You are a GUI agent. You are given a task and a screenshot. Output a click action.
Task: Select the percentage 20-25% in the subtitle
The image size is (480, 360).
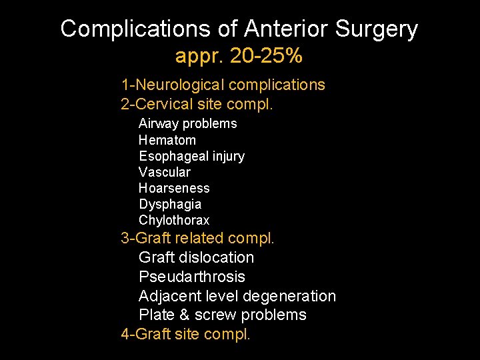click(265, 57)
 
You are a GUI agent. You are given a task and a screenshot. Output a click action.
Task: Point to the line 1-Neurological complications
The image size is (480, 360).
click(223, 85)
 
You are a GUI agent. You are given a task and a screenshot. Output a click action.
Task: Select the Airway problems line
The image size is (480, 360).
click(187, 123)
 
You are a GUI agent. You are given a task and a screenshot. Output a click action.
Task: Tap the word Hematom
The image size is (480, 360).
click(167, 140)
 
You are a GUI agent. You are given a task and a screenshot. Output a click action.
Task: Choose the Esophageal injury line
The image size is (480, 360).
click(191, 156)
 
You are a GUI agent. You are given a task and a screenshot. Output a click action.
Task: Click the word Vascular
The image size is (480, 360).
click(164, 172)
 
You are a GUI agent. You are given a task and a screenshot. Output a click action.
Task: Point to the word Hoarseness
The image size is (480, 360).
click(174, 188)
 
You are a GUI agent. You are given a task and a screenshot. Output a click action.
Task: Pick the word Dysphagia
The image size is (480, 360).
click(170, 204)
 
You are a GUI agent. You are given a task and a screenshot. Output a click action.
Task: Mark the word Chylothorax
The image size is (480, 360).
click(174, 220)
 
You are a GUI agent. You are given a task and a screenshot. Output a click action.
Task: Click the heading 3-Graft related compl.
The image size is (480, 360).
click(197, 238)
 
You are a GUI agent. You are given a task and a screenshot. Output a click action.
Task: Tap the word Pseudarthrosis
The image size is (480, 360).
click(192, 277)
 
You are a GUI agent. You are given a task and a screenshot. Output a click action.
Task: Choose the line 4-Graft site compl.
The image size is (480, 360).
click(185, 334)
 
